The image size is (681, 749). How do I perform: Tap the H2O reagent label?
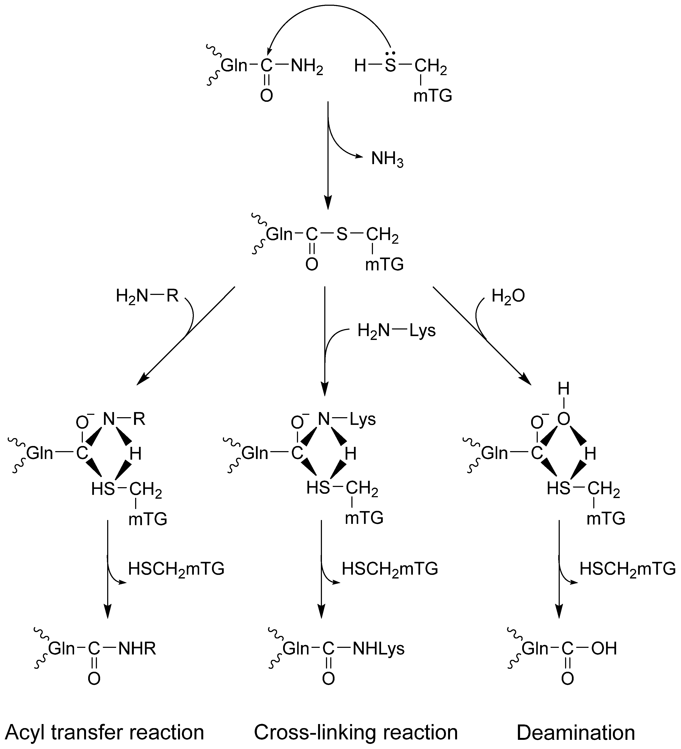508,296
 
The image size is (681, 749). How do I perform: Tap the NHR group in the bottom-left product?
137,649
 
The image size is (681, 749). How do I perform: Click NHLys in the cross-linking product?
378,649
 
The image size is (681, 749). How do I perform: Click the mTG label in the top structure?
433,96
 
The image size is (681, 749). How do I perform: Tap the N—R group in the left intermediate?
124,420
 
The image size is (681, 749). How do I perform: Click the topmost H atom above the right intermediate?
564,389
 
